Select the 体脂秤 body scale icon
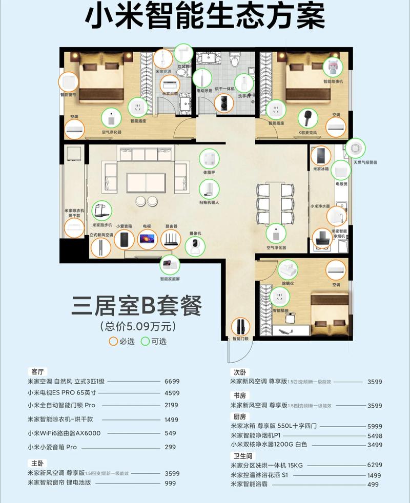tap(209, 157)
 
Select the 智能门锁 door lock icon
tap(240, 327)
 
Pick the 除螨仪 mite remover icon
tap(288, 269)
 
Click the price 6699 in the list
tap(172, 381)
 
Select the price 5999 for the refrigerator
tap(375, 426)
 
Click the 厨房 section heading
tap(239, 416)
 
